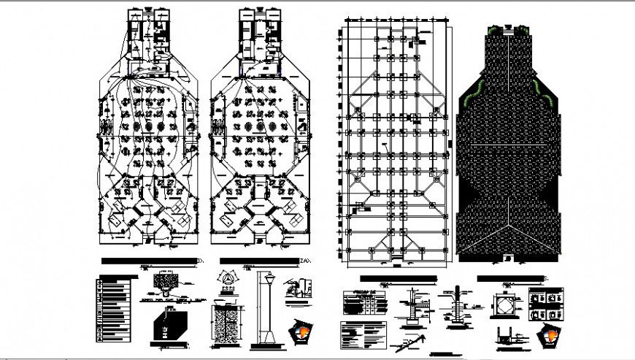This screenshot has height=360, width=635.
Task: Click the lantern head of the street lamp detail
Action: pos(268,278)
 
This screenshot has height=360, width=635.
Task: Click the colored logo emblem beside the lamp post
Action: pos(301,330)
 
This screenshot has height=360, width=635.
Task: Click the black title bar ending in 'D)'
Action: pos(152,261)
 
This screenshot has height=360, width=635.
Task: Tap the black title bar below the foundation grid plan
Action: pos(398,279)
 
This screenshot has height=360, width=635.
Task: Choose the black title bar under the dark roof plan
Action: pos(511,278)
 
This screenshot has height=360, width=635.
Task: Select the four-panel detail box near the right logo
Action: pos(547,302)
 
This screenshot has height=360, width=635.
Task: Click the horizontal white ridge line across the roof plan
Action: pos(509,145)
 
